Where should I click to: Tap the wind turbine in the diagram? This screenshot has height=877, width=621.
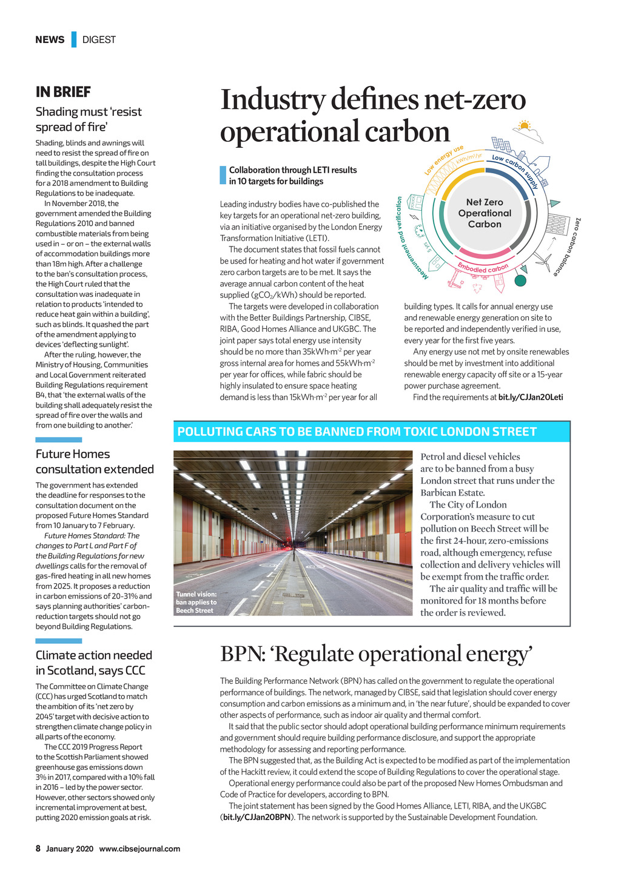543,261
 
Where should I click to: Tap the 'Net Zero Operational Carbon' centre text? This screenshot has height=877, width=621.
485,213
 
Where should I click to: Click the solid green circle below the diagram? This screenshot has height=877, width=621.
520,280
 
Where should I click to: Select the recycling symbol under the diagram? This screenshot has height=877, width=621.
477,288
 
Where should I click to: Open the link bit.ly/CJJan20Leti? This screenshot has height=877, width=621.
530,397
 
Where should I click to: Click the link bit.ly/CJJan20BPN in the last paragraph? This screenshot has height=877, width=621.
257,818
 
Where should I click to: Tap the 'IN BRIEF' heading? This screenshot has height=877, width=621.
63,92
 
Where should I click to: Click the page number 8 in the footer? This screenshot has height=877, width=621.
38,849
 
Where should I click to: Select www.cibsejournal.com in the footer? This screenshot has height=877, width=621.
139,849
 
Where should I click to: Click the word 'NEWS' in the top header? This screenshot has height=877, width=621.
50,40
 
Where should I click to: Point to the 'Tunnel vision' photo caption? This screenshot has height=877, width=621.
196,602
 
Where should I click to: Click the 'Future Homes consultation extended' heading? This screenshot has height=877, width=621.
95,462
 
